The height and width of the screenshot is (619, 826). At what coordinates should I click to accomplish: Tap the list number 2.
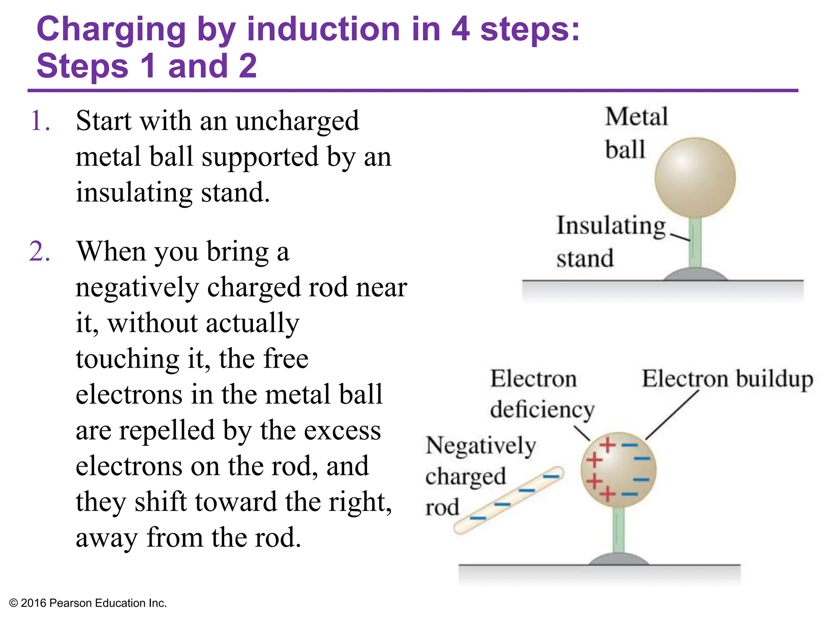tap(40, 251)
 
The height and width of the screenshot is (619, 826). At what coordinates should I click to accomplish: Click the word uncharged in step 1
tap(297, 121)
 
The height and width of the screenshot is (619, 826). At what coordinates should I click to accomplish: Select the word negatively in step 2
tap(137, 288)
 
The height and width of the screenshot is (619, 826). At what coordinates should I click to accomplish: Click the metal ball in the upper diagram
tap(695, 178)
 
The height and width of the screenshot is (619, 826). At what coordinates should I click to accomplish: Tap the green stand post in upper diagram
tap(695, 242)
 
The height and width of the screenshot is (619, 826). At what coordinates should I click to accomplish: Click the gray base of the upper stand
tap(695, 275)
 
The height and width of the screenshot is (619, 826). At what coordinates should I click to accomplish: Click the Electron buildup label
tap(727, 379)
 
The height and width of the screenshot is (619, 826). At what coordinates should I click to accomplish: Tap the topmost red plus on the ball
tap(607, 445)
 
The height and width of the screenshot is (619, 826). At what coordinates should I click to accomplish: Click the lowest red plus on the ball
tap(607, 494)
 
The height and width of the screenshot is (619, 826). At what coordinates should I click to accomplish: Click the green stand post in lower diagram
tap(618, 530)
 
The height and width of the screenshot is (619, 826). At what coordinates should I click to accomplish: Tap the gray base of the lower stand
tap(618, 560)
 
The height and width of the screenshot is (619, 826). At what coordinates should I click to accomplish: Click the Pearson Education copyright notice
tap(88, 603)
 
